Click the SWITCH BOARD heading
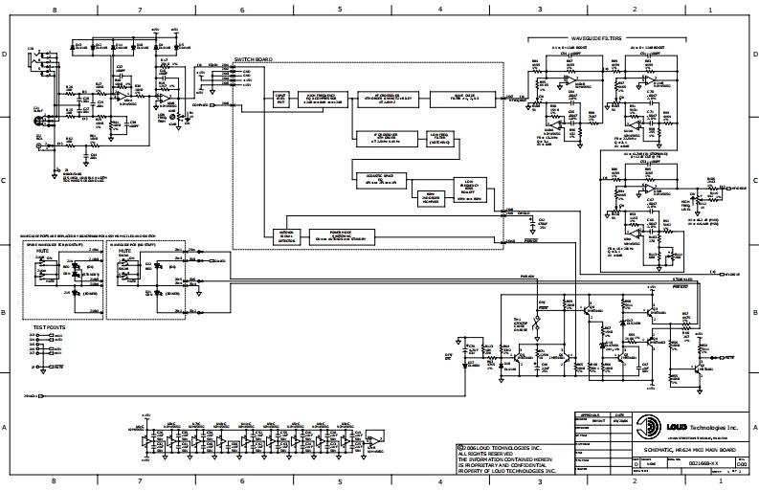tap(253, 59)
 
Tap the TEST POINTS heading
tap(49, 327)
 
